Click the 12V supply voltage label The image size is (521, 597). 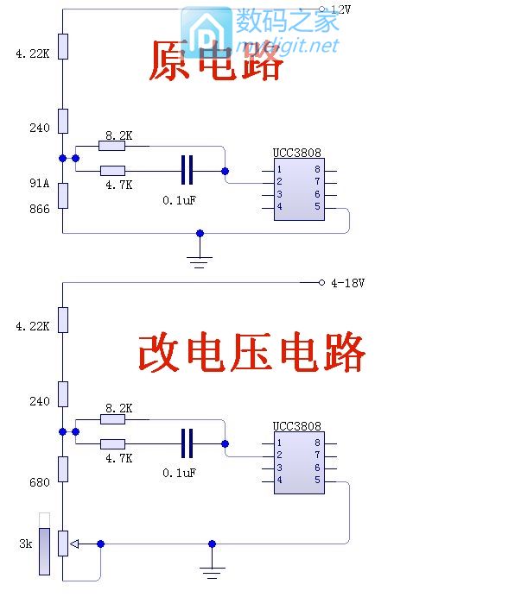point(341,9)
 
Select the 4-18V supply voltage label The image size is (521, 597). point(347,283)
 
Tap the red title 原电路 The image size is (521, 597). point(216,62)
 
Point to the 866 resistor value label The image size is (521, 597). point(39,209)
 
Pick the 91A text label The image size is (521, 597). point(39,183)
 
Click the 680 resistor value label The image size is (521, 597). point(39,482)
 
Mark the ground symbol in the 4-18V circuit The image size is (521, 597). point(212,570)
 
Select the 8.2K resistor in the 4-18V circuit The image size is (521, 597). point(112,419)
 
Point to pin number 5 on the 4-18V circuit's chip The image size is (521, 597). point(317,481)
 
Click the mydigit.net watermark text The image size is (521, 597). point(299,45)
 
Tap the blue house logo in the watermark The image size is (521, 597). point(205,32)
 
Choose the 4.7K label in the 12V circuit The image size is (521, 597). point(118,185)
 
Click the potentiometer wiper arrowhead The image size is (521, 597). point(74,544)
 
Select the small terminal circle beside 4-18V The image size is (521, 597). point(321,283)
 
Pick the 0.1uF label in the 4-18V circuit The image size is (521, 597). point(179,473)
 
